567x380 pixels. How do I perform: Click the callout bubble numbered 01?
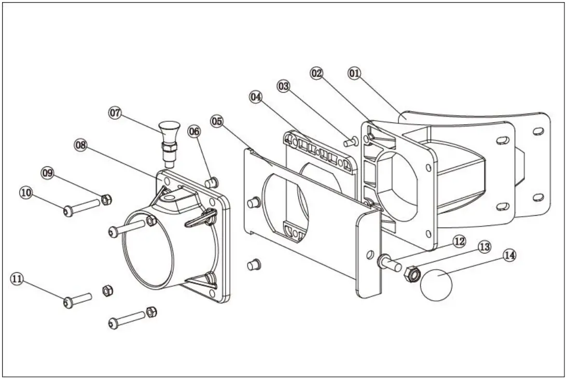[354, 74]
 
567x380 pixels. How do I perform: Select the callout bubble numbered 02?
[317, 74]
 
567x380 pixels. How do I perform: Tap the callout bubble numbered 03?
[283, 87]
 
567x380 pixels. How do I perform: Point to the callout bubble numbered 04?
[256, 97]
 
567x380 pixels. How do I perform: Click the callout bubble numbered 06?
[194, 131]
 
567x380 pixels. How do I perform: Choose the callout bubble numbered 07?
[115, 112]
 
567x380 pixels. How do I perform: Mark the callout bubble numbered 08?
[80, 145]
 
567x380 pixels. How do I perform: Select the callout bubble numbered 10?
[25, 192]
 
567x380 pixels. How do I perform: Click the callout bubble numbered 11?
[17, 279]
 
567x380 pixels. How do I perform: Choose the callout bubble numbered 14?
[510, 256]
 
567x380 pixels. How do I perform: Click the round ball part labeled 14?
[437, 285]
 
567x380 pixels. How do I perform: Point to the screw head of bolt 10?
[68, 210]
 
